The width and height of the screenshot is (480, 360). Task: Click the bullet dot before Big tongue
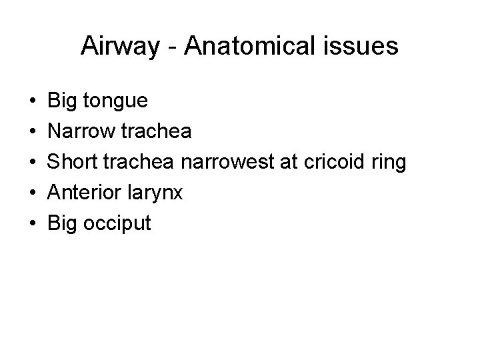tap(33, 101)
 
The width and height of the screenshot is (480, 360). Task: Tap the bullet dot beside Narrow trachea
tap(33, 132)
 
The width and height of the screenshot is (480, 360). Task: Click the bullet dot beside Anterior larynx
tap(33, 193)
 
